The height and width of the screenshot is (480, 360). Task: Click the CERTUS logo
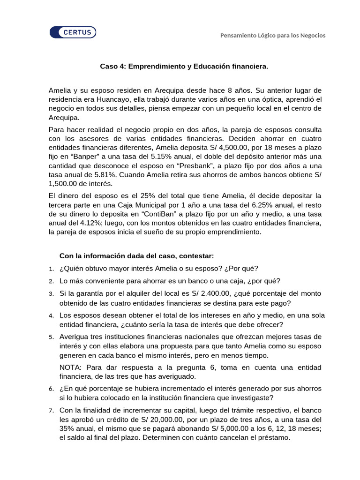[73, 32]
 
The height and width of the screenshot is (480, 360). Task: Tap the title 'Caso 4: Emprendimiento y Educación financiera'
[184, 67]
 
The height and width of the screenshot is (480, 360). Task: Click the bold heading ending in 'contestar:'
[136, 255]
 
